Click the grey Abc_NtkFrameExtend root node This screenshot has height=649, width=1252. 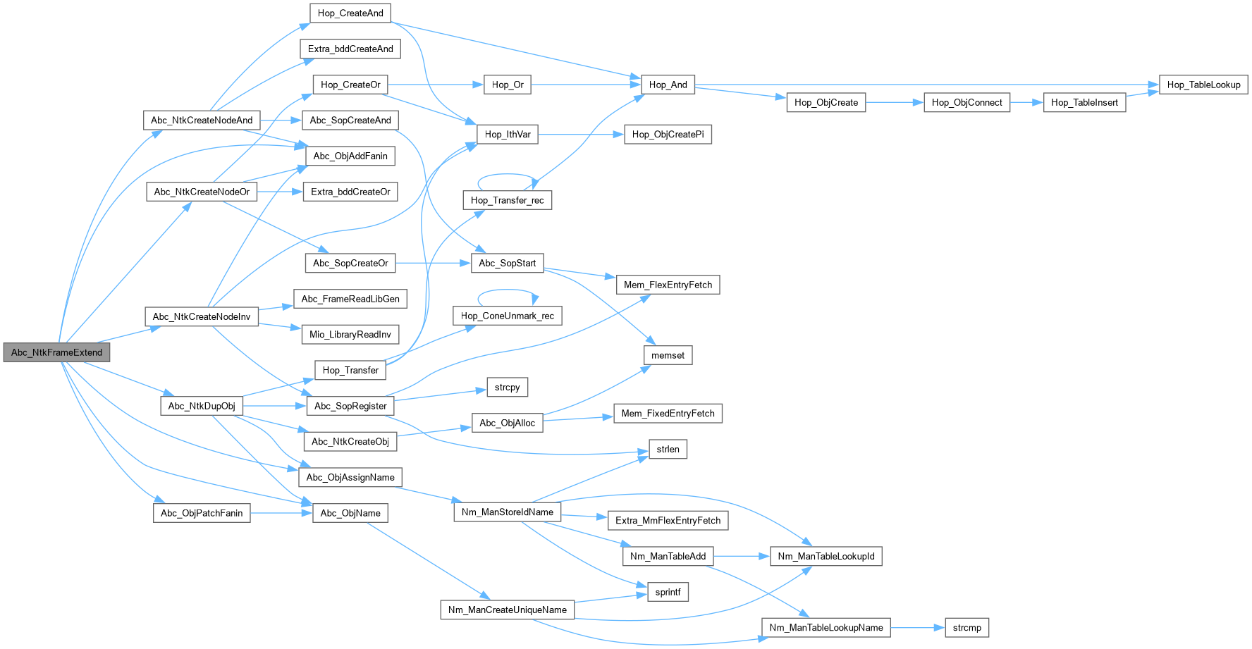pos(56,352)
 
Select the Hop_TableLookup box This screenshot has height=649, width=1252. pos(1203,85)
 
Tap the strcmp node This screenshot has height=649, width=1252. pos(966,627)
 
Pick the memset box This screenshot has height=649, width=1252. pos(668,355)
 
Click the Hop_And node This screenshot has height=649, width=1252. pos(668,85)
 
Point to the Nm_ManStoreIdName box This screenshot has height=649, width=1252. pos(508,512)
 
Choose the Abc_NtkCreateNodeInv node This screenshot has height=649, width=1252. pos(202,316)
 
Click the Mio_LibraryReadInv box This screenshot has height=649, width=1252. pos(350,334)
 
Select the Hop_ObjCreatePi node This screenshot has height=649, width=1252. pos(668,134)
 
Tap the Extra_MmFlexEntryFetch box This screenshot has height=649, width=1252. pos(668,520)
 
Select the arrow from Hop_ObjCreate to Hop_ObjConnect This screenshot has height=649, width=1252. pos(894,102)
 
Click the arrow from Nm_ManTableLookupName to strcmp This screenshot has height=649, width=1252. pos(917,627)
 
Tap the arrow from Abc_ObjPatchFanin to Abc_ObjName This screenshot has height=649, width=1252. pos(281,513)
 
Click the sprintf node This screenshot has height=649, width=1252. pos(668,592)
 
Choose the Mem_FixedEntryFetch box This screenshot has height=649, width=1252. pos(668,414)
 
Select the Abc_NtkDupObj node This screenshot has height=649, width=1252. pos(202,406)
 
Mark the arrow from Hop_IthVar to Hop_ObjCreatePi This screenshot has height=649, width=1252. pos(581,134)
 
